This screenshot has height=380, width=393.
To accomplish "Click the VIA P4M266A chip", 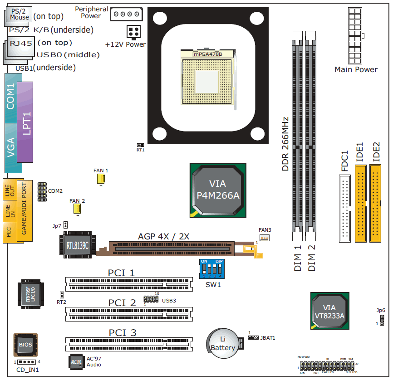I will tap(218, 190).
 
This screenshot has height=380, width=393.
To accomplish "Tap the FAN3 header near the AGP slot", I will tap(265, 238).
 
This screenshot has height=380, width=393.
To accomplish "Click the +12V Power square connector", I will tap(133, 32).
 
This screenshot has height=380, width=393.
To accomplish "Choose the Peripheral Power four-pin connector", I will tap(126, 14).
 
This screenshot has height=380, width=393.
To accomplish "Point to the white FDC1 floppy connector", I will tap(345, 208).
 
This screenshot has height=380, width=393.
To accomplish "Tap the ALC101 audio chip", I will tap(76, 361).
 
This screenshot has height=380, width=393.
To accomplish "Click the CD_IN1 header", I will tap(27, 362).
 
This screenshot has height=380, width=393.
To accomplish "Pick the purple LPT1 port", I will tap(26, 122).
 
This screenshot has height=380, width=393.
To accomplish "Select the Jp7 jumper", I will tap(65, 225).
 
